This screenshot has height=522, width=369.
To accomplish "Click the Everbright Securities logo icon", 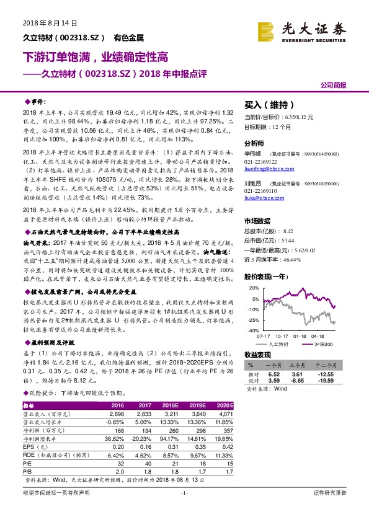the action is point(266,30).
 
